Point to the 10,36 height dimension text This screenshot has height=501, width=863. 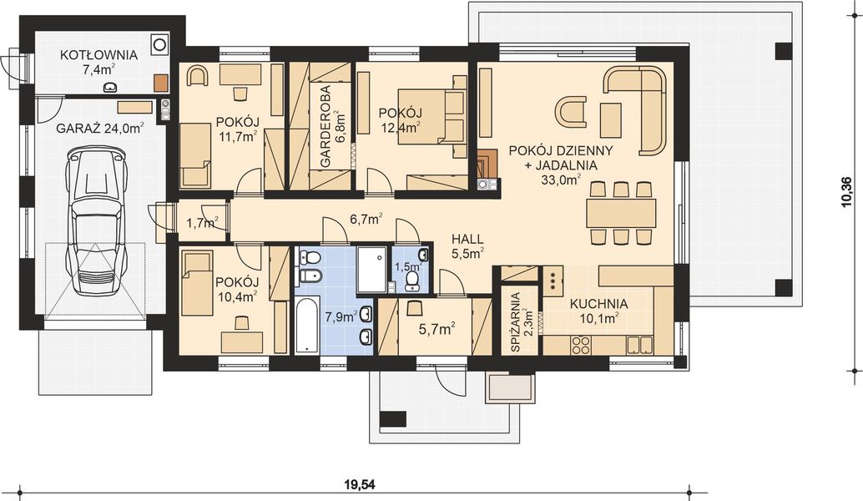pos(848,193)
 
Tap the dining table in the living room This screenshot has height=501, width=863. pos(620,213)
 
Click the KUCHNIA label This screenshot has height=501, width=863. pos(598,304)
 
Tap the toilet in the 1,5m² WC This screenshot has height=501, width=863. pos(411,286)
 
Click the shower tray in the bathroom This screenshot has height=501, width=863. pos(371,269)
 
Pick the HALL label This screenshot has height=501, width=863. pos(468,237)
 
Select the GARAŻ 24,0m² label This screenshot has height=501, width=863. pos(99,128)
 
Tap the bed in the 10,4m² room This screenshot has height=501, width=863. pos(197,284)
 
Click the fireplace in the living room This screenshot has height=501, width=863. pos(485,168)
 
